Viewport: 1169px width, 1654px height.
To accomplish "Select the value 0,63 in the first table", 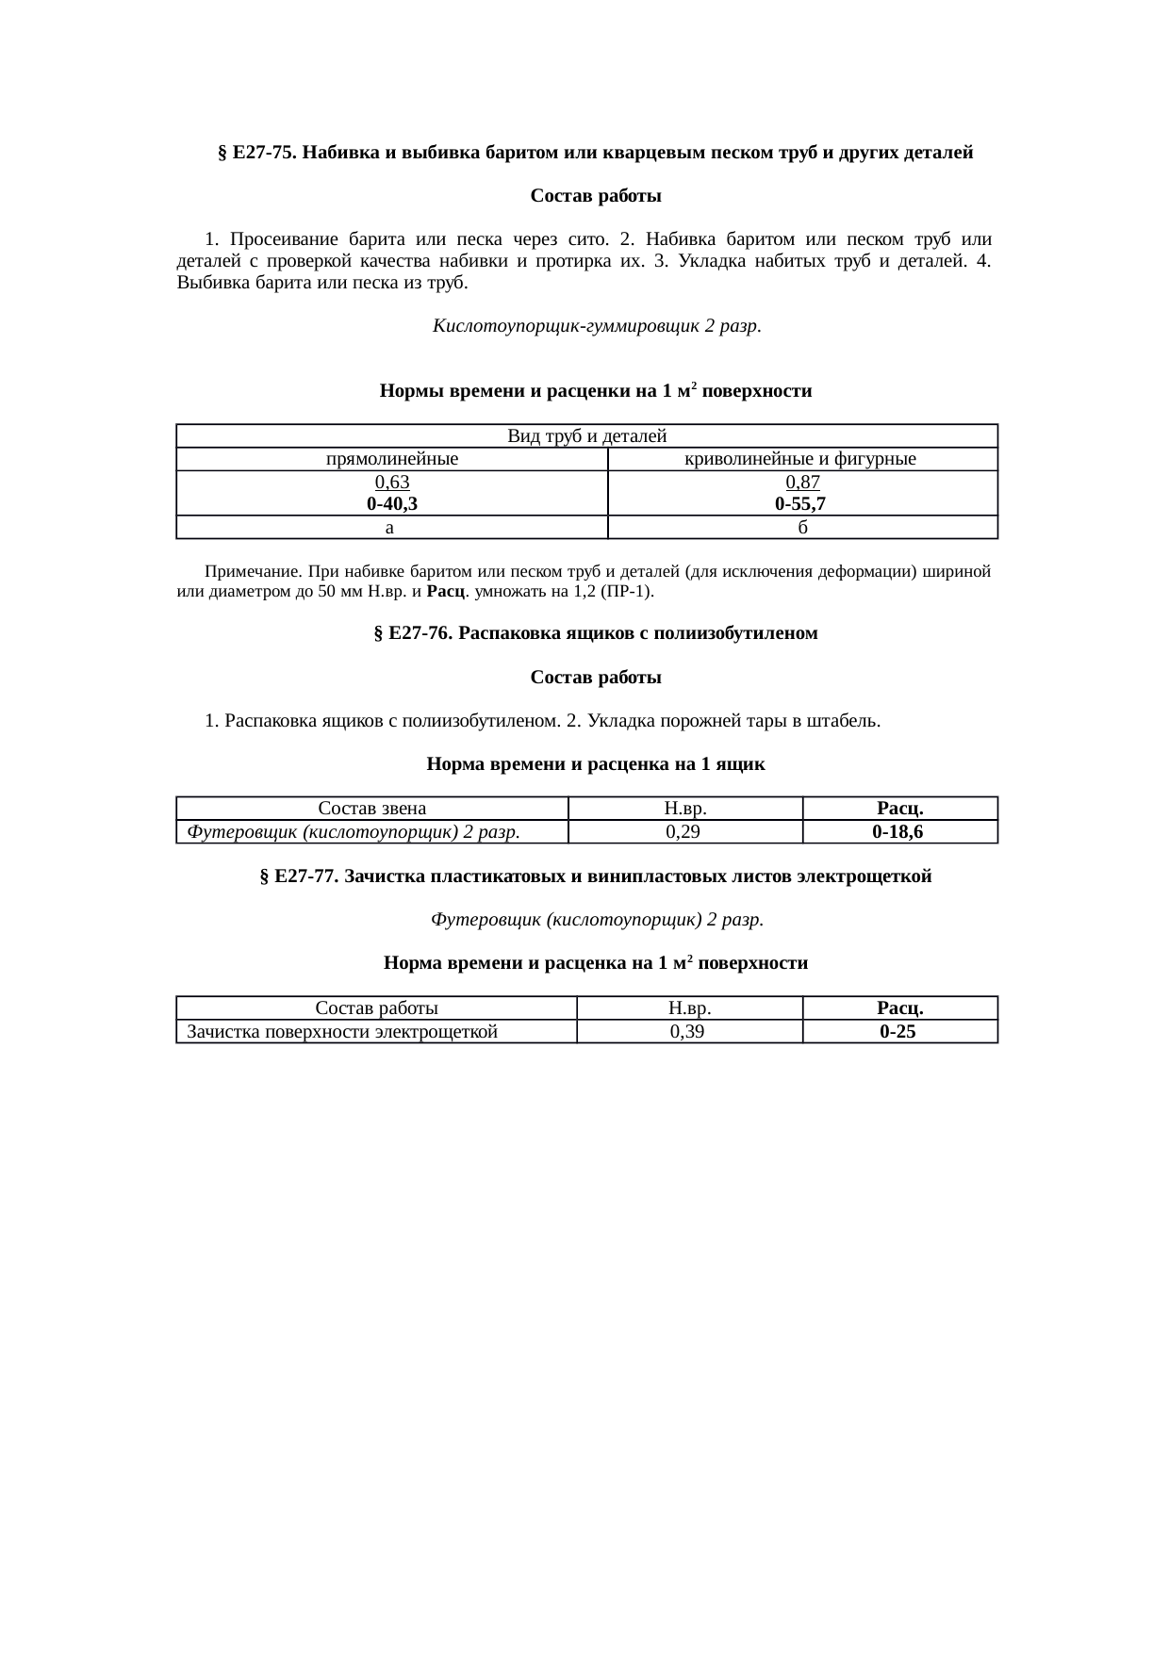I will [x=391, y=483].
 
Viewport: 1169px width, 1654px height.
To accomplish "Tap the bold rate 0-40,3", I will [x=391, y=504].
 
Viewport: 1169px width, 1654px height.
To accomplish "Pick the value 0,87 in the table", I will [x=802, y=483].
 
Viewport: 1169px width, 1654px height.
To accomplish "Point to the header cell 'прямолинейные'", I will [x=391, y=460].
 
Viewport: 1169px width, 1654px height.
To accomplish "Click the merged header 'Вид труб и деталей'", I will [x=586, y=436].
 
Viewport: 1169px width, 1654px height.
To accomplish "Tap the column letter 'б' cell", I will [x=802, y=528].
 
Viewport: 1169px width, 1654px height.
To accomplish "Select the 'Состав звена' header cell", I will [x=371, y=809].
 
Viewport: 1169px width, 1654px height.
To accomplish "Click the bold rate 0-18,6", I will [x=897, y=832].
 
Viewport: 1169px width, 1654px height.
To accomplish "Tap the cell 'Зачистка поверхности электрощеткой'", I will [x=342, y=1032].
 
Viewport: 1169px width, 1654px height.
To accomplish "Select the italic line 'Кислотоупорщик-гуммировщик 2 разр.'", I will [x=597, y=326].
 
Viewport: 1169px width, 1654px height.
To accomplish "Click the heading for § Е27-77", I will [x=595, y=876].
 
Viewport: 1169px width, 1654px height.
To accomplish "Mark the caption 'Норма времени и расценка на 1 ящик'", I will [x=596, y=764].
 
